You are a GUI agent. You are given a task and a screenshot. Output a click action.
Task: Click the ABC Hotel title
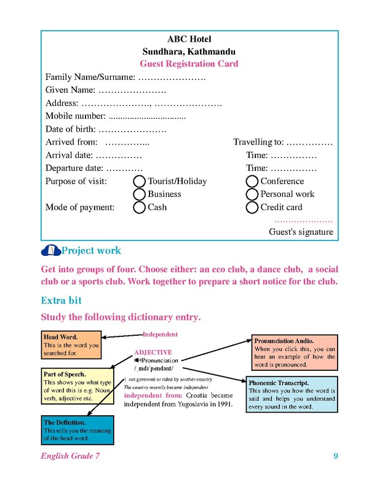pos(189,39)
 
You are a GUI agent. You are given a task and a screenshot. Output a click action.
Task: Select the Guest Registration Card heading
pos(189,64)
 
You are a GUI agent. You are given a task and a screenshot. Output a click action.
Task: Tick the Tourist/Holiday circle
pos(140,181)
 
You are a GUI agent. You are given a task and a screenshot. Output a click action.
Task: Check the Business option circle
pos(140,194)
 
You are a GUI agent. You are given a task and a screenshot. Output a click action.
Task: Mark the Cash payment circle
pos(140,207)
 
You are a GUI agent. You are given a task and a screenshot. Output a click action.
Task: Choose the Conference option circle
pos(252,181)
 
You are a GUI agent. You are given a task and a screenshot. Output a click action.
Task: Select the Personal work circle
pos(252,194)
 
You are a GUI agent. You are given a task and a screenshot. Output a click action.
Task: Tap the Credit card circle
pos(252,207)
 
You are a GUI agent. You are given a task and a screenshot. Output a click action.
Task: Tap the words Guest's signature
pos(301,232)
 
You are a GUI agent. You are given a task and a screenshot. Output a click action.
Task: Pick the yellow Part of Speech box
pos(77,386)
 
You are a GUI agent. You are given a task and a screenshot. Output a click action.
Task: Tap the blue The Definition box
pos(69,430)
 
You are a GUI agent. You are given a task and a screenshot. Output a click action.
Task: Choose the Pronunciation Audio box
pos(295,352)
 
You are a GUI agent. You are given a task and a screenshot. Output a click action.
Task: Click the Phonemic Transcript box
pos(292,395)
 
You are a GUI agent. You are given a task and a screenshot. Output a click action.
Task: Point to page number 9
pos(336,456)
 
